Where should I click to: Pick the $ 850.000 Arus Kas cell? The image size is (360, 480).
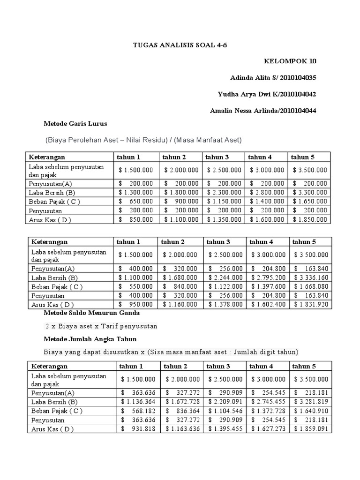(135, 219)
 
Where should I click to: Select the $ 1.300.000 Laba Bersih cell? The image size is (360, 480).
(135, 192)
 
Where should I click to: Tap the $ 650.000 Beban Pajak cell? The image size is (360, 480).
(135, 201)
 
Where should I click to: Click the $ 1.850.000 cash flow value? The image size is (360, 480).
(310, 219)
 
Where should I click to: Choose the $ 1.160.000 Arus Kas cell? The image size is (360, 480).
(180, 304)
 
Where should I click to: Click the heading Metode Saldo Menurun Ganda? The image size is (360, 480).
(91, 313)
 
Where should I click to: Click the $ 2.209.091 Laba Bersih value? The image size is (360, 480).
(225, 402)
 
